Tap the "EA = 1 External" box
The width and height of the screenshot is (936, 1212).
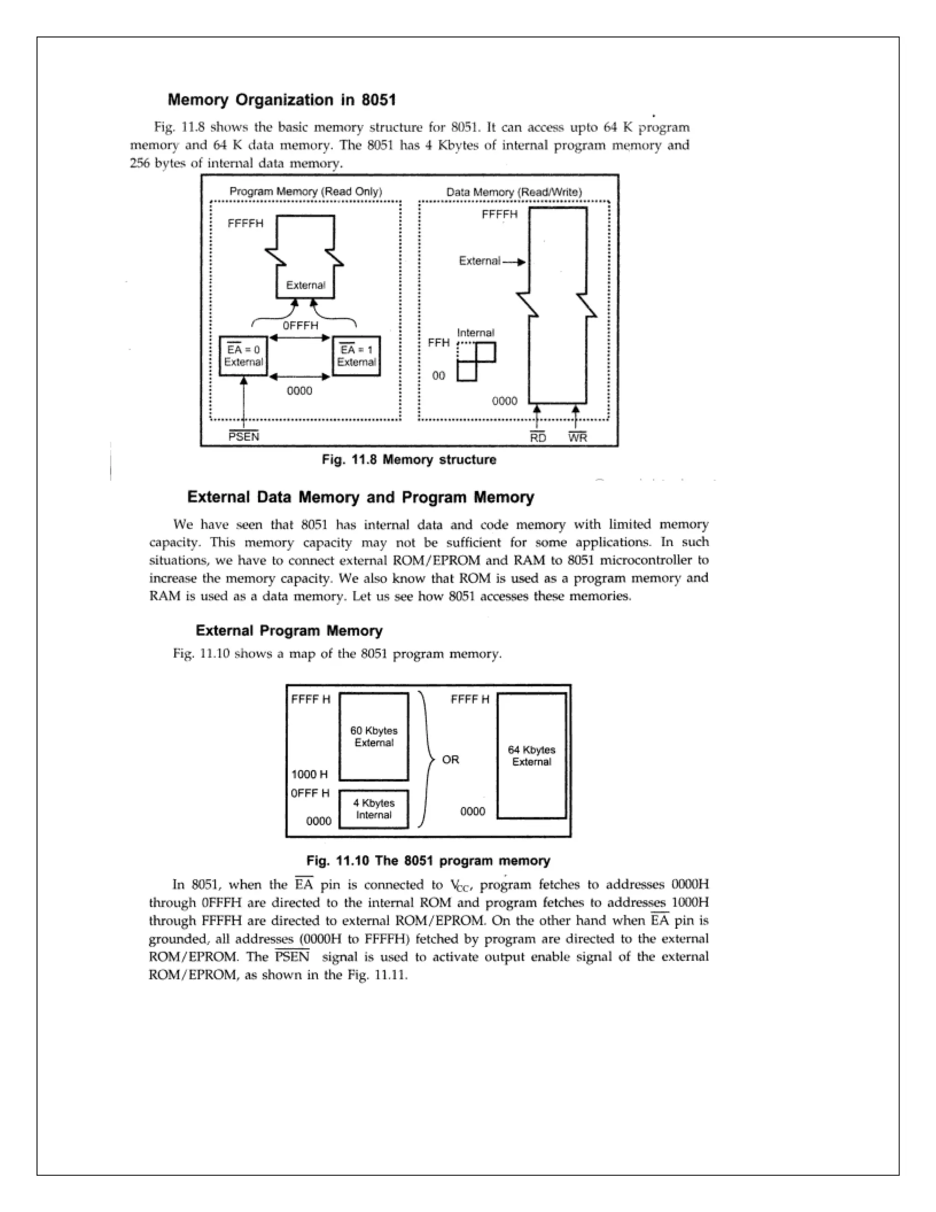click(356, 356)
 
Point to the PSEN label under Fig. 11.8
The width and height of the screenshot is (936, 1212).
click(244, 437)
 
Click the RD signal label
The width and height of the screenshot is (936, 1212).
click(538, 438)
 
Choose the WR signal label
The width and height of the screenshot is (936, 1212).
click(577, 438)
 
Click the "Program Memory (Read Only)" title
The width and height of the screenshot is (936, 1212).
click(306, 192)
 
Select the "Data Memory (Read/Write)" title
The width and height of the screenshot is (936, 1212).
click(514, 192)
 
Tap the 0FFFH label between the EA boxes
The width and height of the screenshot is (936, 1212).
click(301, 326)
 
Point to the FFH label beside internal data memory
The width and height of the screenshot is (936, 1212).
click(439, 343)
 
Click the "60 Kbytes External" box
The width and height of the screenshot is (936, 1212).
click(374, 736)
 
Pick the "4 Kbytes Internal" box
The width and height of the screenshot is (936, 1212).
click(374, 809)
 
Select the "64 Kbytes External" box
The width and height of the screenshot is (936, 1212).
click(531, 755)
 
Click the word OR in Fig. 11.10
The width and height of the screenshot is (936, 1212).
click(450, 759)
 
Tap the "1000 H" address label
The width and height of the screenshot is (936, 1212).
click(309, 774)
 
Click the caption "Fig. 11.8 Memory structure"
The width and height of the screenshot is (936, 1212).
click(409, 460)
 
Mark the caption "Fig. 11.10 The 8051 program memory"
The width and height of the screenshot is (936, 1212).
click(428, 861)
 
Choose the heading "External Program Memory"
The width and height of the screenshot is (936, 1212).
click(289, 631)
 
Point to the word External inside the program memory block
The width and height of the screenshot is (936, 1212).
click(306, 285)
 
